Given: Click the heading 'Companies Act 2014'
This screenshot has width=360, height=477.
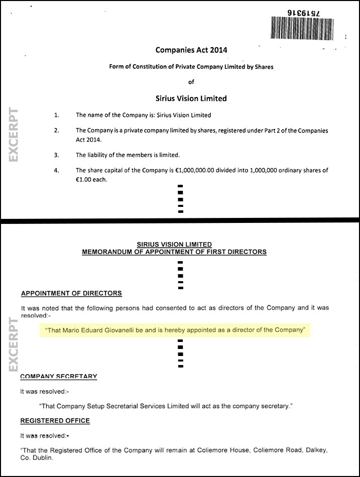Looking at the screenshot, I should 191,50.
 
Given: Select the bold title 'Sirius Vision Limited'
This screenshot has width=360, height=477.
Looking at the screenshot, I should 191,98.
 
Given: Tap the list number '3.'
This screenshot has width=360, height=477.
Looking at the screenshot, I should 57,155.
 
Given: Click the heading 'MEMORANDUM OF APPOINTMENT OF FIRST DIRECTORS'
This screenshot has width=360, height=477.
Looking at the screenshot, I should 174,252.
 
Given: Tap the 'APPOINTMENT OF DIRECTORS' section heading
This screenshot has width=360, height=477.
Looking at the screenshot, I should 71,293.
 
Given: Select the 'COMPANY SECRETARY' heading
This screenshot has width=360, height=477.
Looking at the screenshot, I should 59,376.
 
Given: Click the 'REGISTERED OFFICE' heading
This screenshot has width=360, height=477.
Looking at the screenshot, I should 55,420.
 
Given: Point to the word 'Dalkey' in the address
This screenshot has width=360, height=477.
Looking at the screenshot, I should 312,450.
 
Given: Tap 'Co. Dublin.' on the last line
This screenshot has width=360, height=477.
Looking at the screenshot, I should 37,458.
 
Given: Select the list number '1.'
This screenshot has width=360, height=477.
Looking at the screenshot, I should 57,115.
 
